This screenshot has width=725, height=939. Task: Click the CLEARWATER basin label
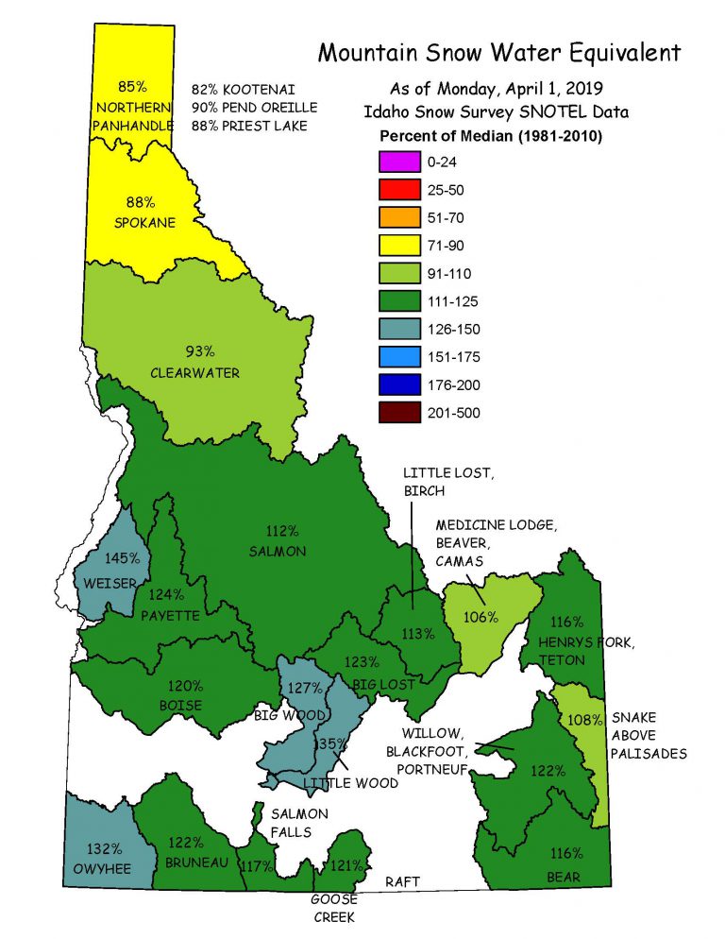pos(194,373)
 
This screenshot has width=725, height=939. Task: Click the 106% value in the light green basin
pos(481,617)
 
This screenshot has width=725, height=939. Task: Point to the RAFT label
pos(402,881)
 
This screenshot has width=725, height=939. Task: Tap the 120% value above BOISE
pos(185,686)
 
